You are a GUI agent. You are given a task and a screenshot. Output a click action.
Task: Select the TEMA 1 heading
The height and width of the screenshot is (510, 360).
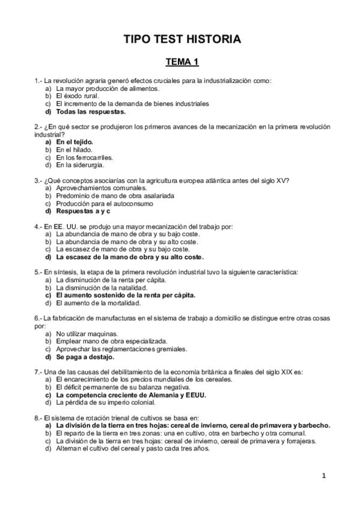[x=182, y=63]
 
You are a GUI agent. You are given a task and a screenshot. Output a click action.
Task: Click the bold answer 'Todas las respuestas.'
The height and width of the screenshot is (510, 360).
[x=91, y=111]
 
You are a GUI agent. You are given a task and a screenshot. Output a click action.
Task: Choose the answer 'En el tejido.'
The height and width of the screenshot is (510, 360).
[x=75, y=142]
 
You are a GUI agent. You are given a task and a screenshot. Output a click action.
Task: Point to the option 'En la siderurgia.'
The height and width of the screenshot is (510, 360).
[x=80, y=165]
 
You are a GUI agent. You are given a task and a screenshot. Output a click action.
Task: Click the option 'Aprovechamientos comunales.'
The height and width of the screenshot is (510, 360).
[x=98, y=188]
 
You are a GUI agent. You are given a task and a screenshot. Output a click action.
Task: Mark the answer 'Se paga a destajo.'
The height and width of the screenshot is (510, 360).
[x=85, y=357]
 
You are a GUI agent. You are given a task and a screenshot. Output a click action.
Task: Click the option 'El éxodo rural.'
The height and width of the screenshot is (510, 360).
[x=78, y=96]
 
